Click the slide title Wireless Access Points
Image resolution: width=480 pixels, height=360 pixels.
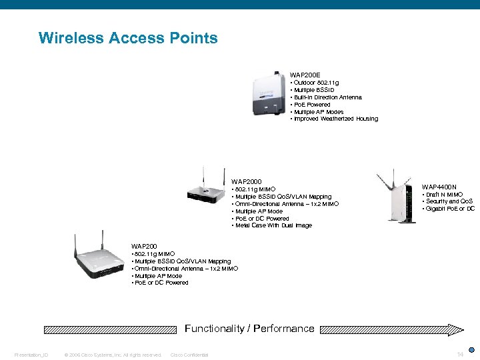point(128,38)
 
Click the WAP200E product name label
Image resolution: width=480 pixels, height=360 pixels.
point(305,75)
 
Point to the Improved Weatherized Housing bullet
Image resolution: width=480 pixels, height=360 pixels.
point(334,119)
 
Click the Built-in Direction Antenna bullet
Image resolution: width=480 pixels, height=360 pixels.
point(326,97)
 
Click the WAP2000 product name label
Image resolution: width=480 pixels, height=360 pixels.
point(246,181)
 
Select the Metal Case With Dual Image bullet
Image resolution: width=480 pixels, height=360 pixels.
point(271,225)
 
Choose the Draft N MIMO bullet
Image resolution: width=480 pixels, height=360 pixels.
point(443,194)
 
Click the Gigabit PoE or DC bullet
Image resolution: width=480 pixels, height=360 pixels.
point(449,209)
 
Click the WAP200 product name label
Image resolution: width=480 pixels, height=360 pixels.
point(144,246)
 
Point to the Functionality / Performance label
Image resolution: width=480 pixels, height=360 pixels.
point(249,328)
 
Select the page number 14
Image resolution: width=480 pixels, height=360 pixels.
point(459,354)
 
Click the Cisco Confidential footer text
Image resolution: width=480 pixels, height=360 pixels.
point(189,355)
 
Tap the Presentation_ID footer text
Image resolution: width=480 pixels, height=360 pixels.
point(31,355)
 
